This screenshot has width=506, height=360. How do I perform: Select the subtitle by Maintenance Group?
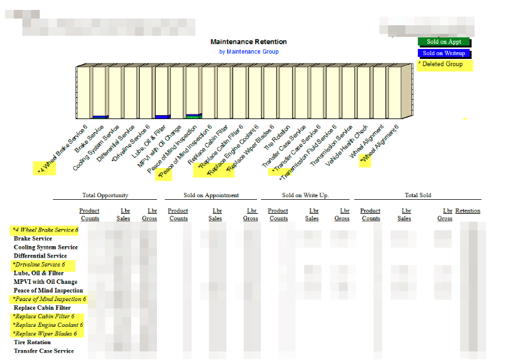pos(249,52)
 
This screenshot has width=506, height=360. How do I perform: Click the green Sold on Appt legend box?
pos(444,42)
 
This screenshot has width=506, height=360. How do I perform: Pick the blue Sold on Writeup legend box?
pos(444,54)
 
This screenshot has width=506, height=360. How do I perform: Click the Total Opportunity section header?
pos(105,195)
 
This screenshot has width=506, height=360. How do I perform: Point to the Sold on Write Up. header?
pos(305,195)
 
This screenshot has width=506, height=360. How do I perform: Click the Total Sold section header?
pos(418,195)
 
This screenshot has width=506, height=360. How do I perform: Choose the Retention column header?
pos(468,211)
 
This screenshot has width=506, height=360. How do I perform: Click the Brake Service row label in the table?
pos(33,238)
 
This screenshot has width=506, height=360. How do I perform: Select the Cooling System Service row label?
pos(46,247)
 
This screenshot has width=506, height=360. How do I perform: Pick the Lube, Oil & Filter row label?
pos(39,273)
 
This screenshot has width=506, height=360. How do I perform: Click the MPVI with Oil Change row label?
pos(46,281)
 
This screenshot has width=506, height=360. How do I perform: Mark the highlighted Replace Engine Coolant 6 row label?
pos(48,325)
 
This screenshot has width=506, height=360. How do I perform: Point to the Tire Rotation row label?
pos(32,342)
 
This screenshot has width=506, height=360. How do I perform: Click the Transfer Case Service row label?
pos(44,351)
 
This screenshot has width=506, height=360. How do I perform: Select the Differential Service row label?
pos(40,255)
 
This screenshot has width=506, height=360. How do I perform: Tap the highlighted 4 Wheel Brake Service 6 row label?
pos(45,230)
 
